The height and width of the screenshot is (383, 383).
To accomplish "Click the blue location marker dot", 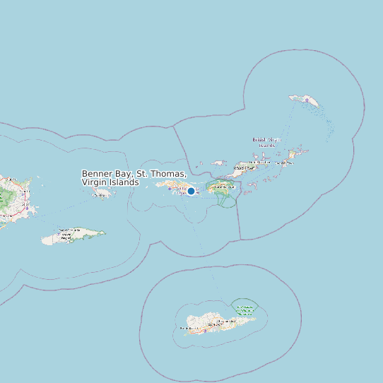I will [191, 191].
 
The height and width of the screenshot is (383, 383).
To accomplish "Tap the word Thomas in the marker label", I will [168, 174].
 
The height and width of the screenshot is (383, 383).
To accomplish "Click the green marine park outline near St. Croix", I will [245, 309].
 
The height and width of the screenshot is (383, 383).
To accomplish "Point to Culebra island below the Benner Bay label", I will [104, 192].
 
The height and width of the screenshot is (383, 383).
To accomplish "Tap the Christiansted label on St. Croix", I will [226, 321].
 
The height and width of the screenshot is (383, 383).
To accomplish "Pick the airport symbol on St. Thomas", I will [170, 189].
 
